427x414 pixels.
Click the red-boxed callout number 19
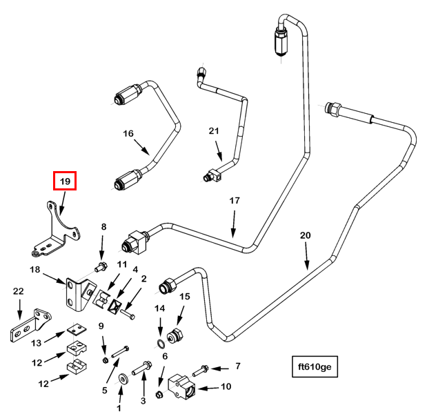click(65, 181)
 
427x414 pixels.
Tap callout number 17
click(235, 201)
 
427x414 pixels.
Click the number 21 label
click(214, 131)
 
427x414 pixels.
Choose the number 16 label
click(128, 133)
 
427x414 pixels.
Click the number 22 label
click(19, 293)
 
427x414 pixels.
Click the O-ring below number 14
click(160, 344)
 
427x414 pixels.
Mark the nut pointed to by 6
click(158, 394)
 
